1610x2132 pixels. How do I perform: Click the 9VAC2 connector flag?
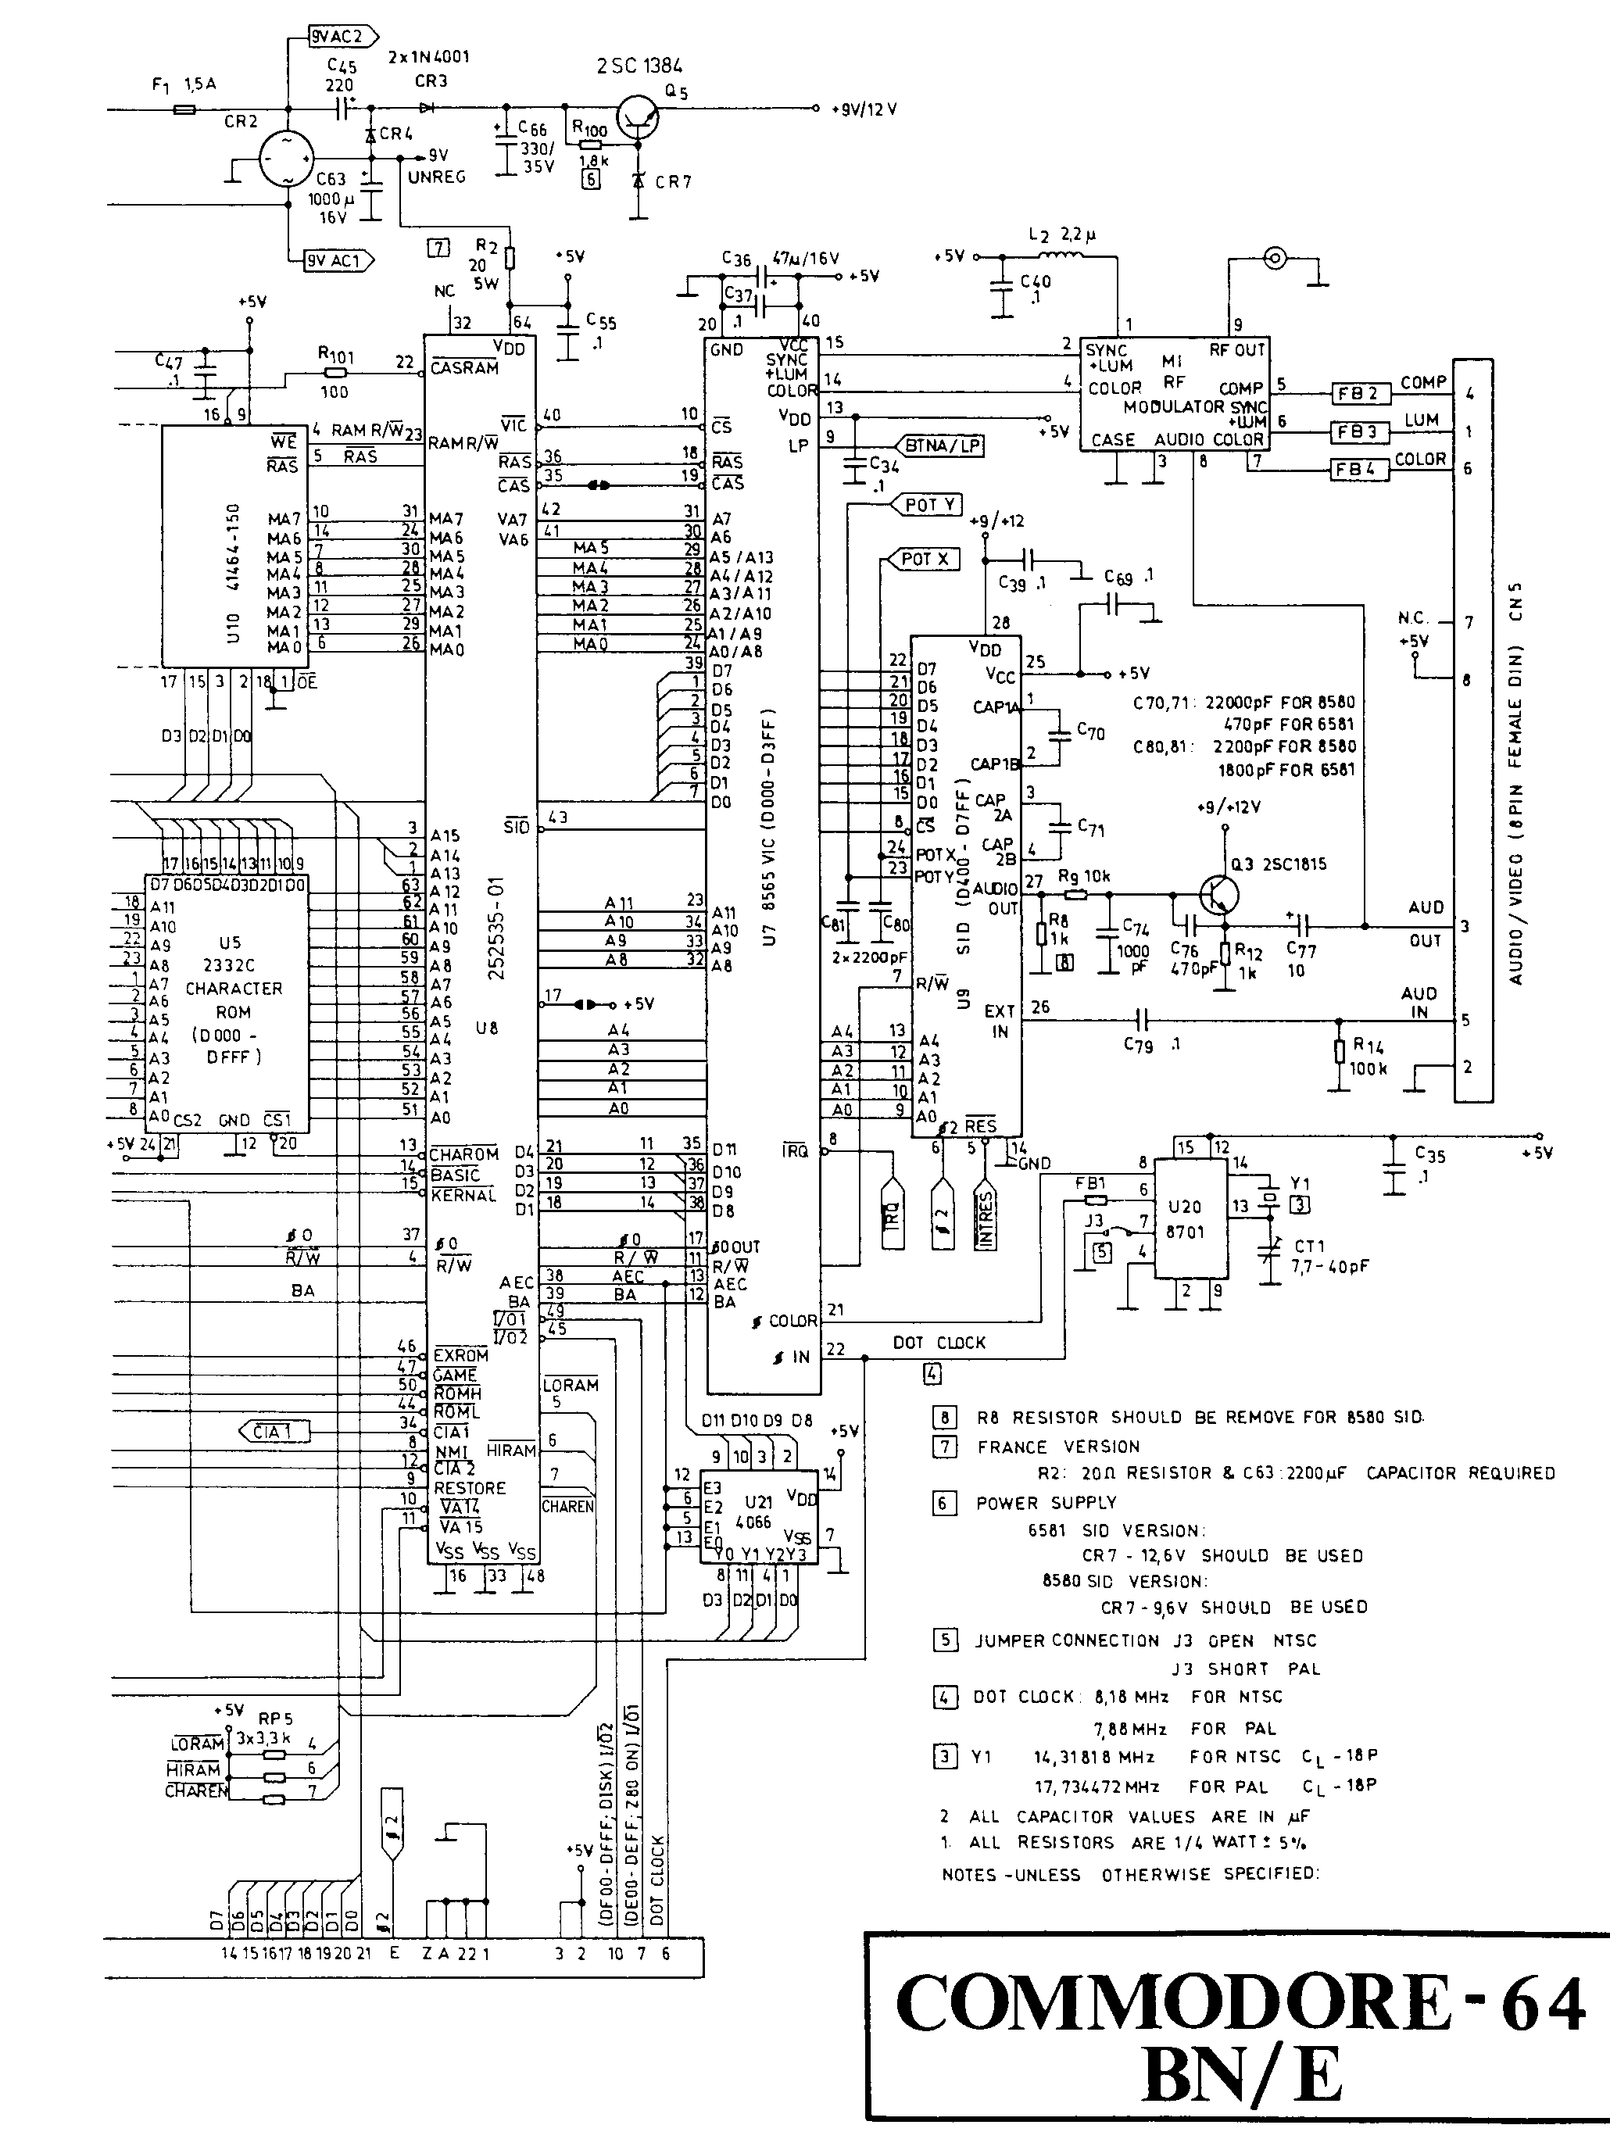click(335, 37)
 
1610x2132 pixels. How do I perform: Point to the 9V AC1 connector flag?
click(338, 260)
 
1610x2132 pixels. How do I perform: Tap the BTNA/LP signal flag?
click(941, 445)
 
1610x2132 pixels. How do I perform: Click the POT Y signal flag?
click(929, 504)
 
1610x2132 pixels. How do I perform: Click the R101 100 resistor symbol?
click(335, 373)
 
